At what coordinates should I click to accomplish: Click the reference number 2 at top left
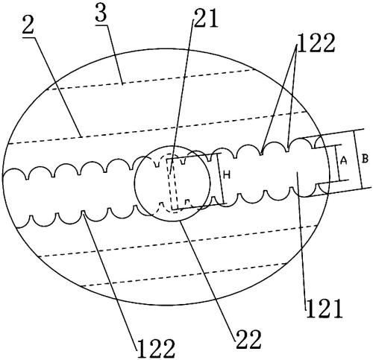[x=28, y=25]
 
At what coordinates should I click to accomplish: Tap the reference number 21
[x=206, y=18]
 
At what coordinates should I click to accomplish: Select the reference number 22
[x=248, y=339]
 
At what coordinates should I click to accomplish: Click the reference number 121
[x=325, y=309]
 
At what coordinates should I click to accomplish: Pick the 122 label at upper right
[x=316, y=42]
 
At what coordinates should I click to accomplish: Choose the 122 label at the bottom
[x=157, y=349]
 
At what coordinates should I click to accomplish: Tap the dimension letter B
[x=365, y=159]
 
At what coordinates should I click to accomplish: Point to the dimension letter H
[x=227, y=175]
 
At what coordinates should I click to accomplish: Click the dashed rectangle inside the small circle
[x=172, y=184]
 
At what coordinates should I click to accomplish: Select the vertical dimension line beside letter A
[x=337, y=163]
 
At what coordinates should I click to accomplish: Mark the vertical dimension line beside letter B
[x=358, y=160]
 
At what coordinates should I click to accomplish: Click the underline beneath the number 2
[x=28, y=37]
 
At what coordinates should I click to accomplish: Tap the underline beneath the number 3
[x=101, y=25]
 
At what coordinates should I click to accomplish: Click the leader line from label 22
[x=207, y=276]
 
